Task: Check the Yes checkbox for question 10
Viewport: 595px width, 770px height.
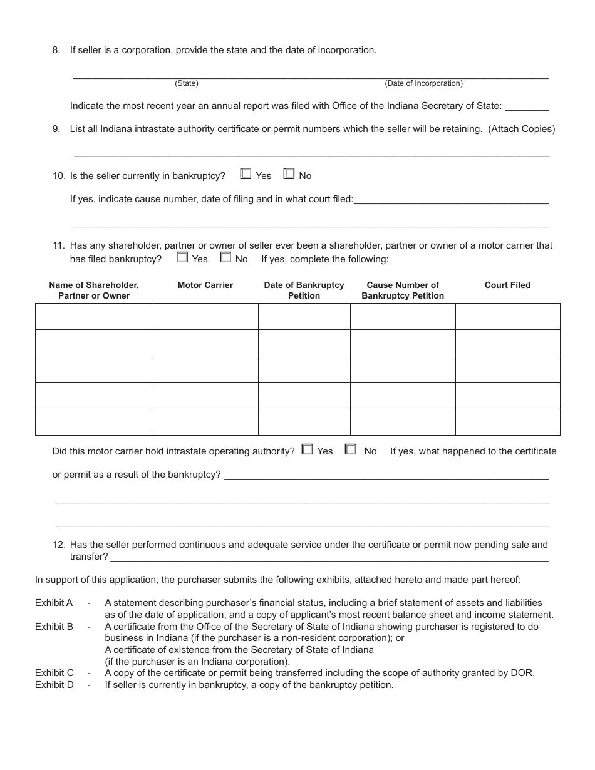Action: pos(246,174)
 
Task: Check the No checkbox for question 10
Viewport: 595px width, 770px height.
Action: pos(289,174)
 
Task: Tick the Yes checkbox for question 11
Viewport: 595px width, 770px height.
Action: pos(182,257)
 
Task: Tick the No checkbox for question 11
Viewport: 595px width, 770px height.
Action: pos(225,257)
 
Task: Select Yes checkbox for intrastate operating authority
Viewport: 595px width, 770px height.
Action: pos(307,449)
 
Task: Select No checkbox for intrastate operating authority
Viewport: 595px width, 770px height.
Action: pos(351,449)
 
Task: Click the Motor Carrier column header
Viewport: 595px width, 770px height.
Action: pos(205,285)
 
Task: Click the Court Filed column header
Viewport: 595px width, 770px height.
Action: pos(507,285)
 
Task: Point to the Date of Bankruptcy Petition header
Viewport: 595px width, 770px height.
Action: pos(304,290)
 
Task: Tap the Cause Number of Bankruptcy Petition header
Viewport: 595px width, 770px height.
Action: pos(403,290)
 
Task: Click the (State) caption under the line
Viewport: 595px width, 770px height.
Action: pos(187,83)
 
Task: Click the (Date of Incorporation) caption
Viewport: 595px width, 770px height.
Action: pos(423,83)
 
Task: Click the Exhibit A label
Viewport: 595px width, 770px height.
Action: pos(54,603)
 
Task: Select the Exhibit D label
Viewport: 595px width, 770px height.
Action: pos(54,685)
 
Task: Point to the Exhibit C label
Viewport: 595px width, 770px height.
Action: pos(54,673)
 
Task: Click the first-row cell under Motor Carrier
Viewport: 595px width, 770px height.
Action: pos(205,317)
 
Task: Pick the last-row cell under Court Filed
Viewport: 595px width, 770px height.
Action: pos(507,422)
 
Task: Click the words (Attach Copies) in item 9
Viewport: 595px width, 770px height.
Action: pos(522,129)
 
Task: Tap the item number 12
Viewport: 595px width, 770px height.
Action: pos(58,545)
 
